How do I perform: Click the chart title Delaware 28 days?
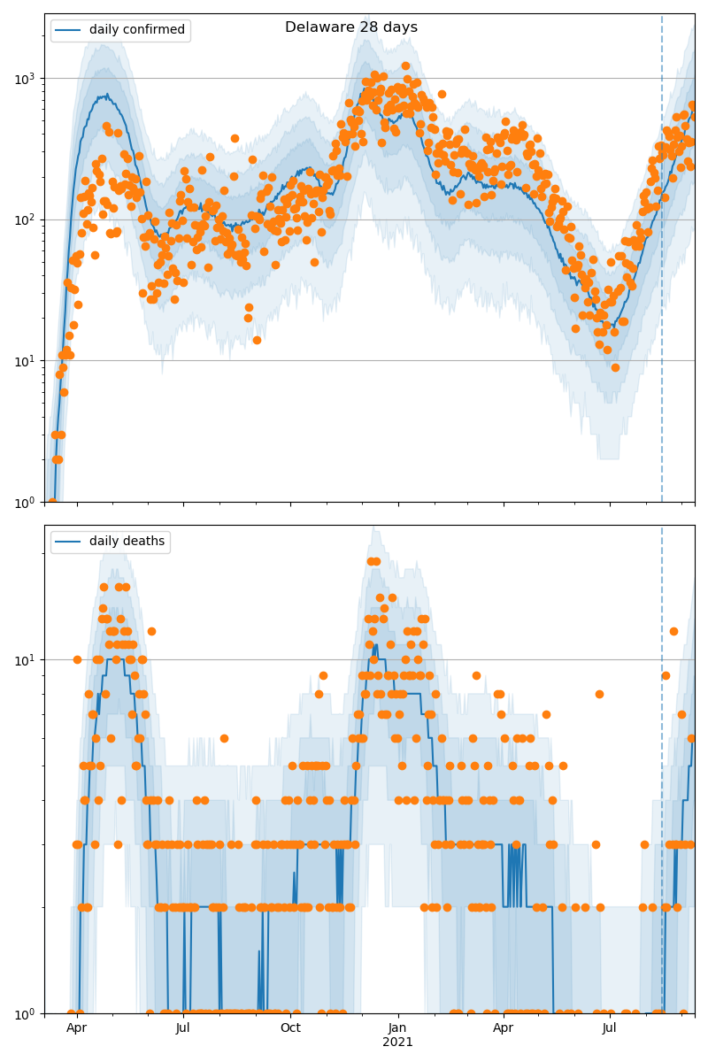[x=350, y=27]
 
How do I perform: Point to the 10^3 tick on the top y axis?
[x=27, y=78]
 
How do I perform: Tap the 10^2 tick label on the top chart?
[x=27, y=219]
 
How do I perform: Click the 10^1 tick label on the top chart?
[x=27, y=360]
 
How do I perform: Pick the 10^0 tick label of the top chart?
[x=27, y=502]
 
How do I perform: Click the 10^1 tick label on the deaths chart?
[x=27, y=659]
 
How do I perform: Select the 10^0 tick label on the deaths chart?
[x=27, y=1012]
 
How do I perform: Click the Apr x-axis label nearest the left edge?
[x=76, y=1028]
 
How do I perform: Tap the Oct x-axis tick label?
[x=290, y=1028]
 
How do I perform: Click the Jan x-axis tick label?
[x=397, y=1028]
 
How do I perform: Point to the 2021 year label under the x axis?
[x=397, y=1043]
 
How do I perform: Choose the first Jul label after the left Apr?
[x=182, y=1028]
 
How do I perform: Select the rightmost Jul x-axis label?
[x=610, y=1028]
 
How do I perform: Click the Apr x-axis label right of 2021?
[x=503, y=1028]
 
